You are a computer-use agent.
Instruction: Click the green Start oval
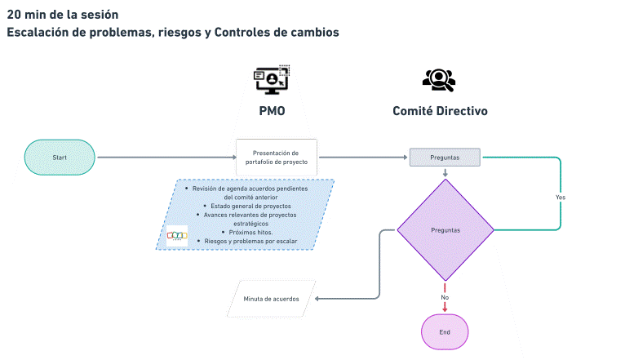click(60, 157)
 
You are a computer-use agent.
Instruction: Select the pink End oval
click(445, 332)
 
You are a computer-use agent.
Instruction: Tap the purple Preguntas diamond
click(445, 230)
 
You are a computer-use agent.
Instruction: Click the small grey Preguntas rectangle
click(445, 157)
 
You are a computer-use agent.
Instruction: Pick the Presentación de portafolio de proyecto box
click(276, 157)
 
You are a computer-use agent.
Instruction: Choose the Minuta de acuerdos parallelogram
click(272, 299)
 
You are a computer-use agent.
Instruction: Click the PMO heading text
click(273, 111)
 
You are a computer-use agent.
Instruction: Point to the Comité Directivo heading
click(440, 111)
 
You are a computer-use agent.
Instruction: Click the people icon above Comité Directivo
click(438, 78)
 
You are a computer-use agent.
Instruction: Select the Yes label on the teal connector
click(561, 198)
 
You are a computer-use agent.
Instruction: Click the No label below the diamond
click(445, 297)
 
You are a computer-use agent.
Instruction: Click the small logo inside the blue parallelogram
click(177, 235)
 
